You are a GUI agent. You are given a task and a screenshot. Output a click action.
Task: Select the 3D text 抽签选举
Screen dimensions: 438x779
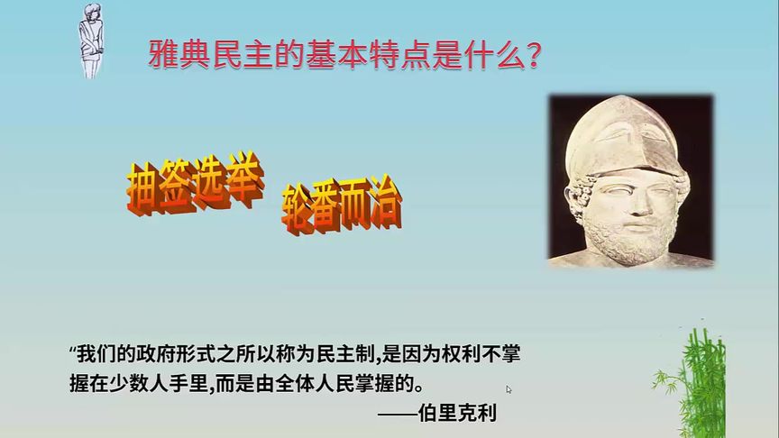(x=196, y=188)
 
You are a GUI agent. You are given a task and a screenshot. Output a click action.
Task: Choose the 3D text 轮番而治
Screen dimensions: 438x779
(x=342, y=206)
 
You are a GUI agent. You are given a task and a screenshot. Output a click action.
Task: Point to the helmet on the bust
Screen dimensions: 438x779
(x=631, y=135)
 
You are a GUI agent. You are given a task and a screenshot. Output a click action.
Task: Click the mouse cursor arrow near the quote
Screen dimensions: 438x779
(x=509, y=389)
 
